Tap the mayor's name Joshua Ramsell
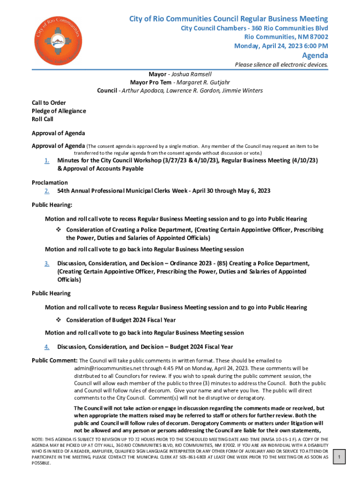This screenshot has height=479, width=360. coord(191,74)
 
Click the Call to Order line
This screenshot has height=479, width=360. coord(49,102)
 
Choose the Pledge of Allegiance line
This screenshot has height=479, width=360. coord(58,111)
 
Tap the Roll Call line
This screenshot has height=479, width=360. coord(43,119)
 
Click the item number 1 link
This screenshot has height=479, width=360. coord(47,160)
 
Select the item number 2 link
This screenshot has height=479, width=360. coord(47,191)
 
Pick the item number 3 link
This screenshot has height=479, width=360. coord(47,263)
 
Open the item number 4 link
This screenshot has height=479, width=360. coord(47,347)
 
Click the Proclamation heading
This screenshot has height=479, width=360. coord(50,182)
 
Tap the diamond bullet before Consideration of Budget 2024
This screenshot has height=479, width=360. coord(59,320)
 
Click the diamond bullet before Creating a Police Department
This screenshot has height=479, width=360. coord(59,230)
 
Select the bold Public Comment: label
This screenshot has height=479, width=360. coord(54,360)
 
